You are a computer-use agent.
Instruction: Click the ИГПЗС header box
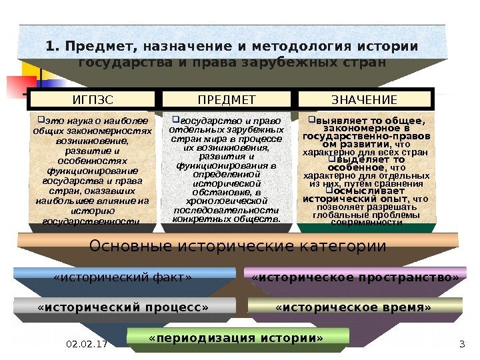pos(93,100)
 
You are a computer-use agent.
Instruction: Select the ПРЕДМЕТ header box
pos(227,100)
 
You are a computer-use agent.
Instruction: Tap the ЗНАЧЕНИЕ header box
pos(364,100)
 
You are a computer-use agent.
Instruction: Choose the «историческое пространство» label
pos(355,276)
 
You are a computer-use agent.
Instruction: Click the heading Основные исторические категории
pos(238,246)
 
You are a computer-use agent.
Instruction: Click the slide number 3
pos(462,344)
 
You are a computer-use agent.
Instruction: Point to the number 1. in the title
pos(53,47)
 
